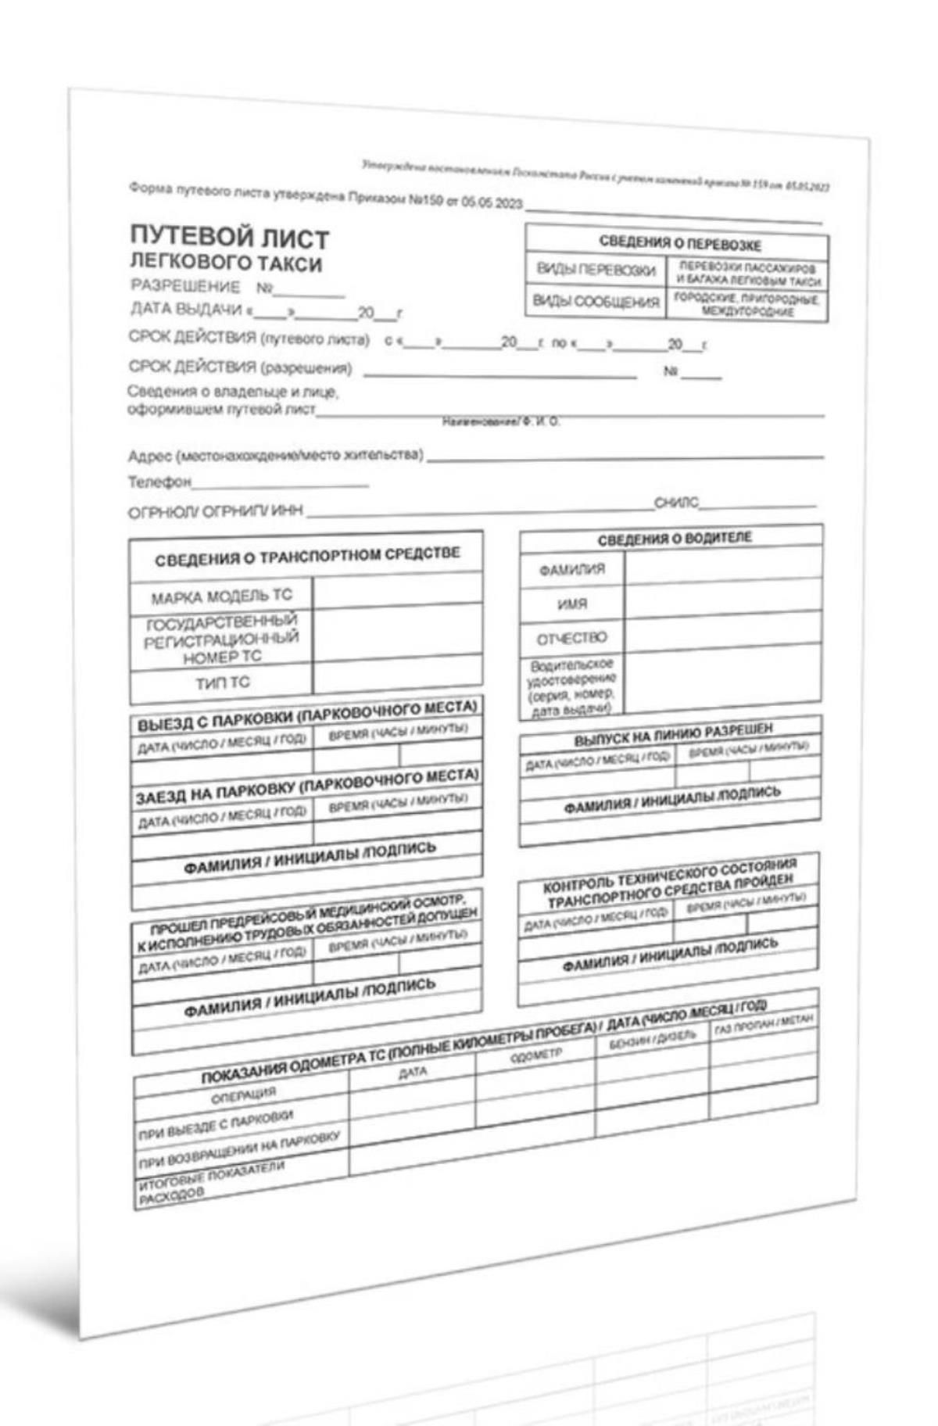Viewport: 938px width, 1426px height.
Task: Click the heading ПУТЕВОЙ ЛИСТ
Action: point(229,237)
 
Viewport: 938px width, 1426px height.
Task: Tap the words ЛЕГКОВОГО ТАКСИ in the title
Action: point(225,263)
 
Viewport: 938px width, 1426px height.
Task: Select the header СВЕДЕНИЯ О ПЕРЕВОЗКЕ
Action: point(679,243)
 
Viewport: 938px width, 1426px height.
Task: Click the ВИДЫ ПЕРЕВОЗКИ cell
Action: point(596,270)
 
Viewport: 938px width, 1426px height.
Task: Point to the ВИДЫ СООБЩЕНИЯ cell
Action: point(596,301)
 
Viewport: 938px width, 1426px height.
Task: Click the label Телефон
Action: point(159,482)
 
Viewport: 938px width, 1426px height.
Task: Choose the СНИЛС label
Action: point(676,503)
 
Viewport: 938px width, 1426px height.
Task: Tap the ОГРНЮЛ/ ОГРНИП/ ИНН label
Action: point(215,513)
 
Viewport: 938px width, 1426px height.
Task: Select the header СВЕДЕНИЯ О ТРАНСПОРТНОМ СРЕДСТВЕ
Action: point(307,557)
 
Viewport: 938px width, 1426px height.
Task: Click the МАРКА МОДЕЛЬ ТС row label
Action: point(221,598)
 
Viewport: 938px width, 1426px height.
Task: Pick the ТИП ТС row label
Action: point(223,683)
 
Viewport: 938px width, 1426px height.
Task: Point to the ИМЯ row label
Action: point(572,604)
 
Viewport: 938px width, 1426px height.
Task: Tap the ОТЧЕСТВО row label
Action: point(571,638)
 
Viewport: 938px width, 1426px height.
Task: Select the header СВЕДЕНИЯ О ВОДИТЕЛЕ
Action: point(674,539)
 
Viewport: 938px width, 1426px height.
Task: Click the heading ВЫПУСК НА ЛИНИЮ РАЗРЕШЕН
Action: point(673,735)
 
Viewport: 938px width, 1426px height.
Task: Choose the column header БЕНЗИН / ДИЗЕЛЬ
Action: point(652,1040)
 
